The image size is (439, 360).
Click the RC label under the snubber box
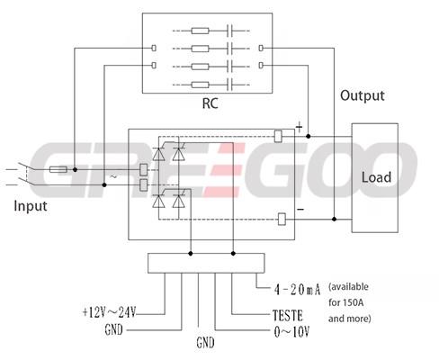(210, 103)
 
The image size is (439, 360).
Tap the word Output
(363, 95)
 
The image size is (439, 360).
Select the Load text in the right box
(376, 177)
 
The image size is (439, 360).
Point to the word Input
(31, 206)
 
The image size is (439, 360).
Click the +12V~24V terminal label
(109, 312)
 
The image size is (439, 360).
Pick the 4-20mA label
(297, 290)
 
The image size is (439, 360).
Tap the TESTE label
(288, 316)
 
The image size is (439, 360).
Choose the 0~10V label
(291, 332)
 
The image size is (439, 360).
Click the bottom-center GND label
(205, 343)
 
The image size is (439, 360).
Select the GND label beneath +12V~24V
(113, 329)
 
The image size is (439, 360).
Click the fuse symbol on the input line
(58, 170)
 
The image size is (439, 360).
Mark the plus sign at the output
(300, 128)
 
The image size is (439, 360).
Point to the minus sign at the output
(300, 210)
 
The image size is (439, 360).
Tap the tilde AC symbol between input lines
(113, 176)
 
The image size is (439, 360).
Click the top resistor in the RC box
(200, 31)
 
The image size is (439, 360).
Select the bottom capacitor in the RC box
(230, 85)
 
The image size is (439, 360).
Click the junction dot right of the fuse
(75, 170)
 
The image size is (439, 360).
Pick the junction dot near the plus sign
(308, 136)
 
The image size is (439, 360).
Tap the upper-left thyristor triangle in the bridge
(158, 154)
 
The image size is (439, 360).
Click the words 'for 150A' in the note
(345, 302)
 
